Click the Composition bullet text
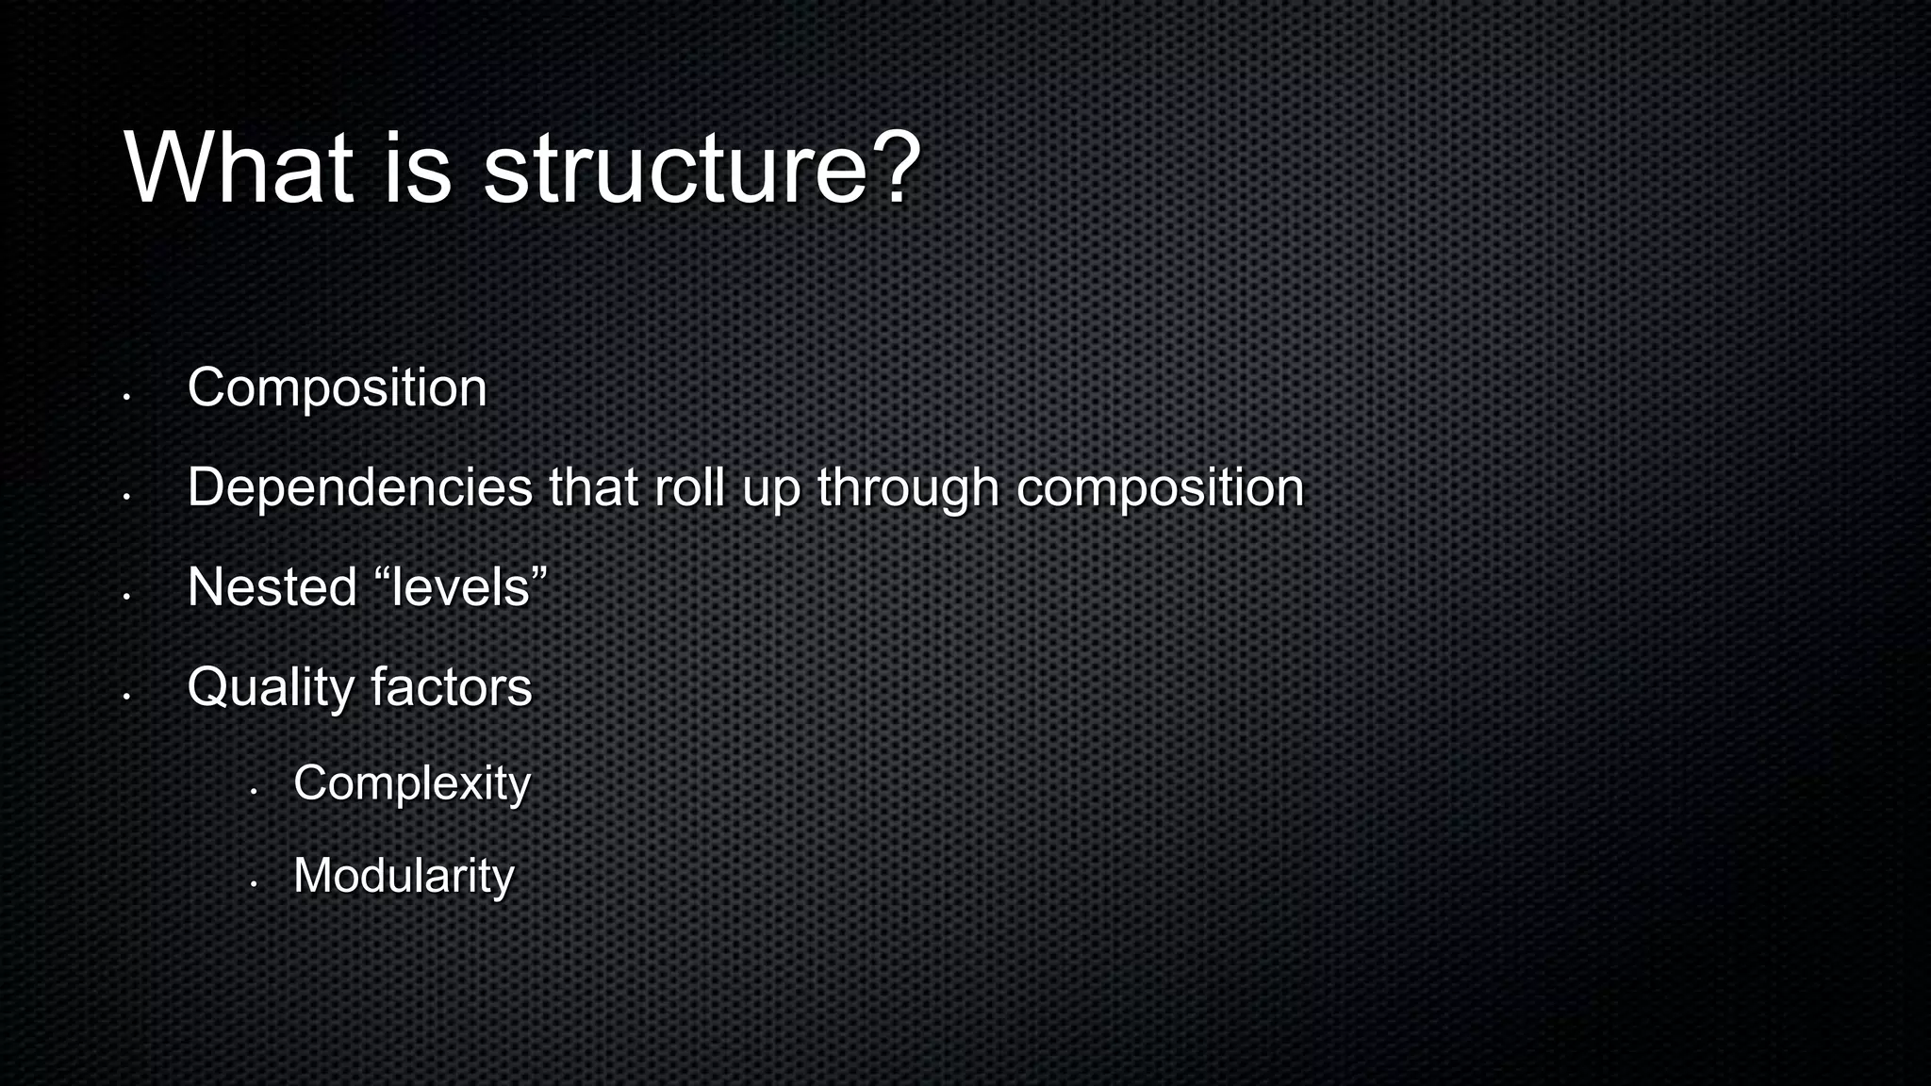pos(337,387)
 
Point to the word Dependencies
pos(360,487)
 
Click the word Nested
pos(272,587)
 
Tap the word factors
pos(451,686)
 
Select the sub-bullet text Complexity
pos(412,783)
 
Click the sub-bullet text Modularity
pos(404,876)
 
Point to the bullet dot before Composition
pos(125,397)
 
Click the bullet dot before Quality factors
pos(125,697)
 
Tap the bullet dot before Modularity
pos(253,884)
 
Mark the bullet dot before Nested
pos(125,597)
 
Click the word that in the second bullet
pos(593,487)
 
